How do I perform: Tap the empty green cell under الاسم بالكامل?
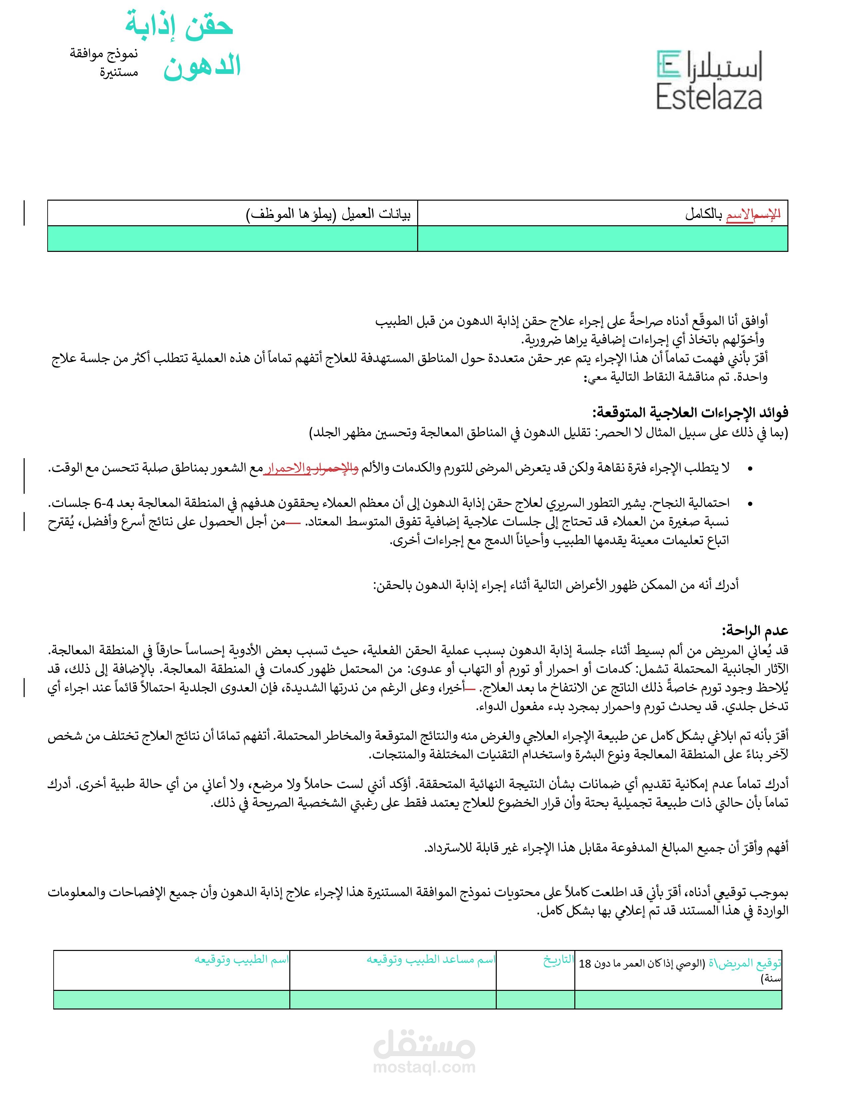pos(603,238)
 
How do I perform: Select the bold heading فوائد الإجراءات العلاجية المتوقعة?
pos(690,413)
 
